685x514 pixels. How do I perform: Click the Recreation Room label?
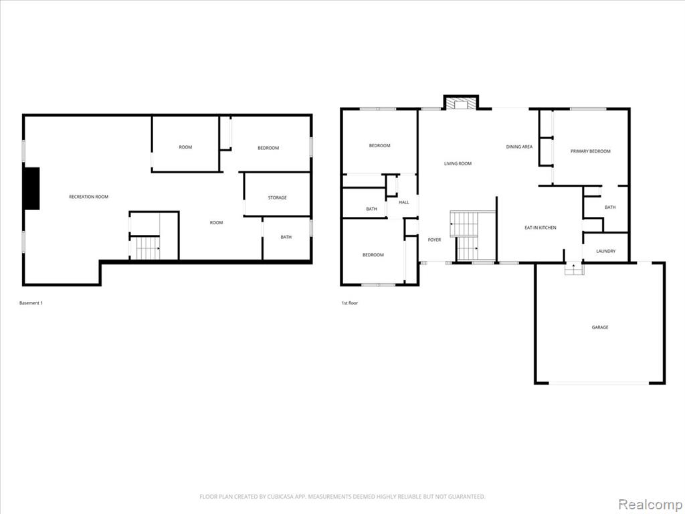coord(89,197)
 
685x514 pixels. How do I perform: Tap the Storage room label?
coord(278,197)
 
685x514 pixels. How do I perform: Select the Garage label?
coord(600,327)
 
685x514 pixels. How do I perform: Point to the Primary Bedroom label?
coord(591,151)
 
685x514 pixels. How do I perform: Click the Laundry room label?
coord(606,252)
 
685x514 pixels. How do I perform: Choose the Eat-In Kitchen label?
coord(541,228)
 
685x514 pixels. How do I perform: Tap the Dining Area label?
coord(519,147)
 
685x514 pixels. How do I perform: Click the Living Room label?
coord(458,163)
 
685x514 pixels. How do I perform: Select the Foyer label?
coord(434,240)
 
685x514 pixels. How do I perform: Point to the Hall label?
coord(404,202)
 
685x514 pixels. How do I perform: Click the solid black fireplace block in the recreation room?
coord(31,188)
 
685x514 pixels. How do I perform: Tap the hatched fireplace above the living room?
coord(461,104)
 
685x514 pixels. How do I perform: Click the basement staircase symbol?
coord(146,248)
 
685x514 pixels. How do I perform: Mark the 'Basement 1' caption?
coord(31,303)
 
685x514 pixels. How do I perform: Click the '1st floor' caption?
coord(349,303)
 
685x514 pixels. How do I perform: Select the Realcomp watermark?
coord(650,504)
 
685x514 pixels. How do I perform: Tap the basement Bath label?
coord(286,237)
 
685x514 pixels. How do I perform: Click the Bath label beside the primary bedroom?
coord(610,207)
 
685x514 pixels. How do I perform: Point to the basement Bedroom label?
coord(268,148)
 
